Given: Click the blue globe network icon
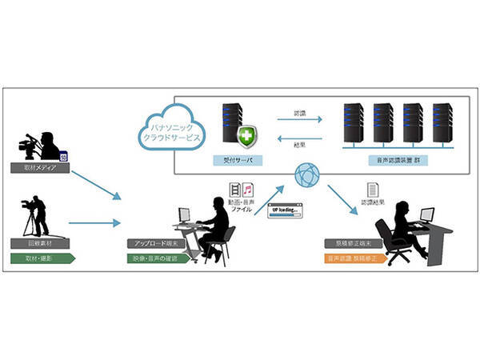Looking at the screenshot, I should coord(309,174).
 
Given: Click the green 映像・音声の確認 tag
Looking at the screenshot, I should coord(158,258).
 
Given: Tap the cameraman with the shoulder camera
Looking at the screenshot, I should coord(44,144).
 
